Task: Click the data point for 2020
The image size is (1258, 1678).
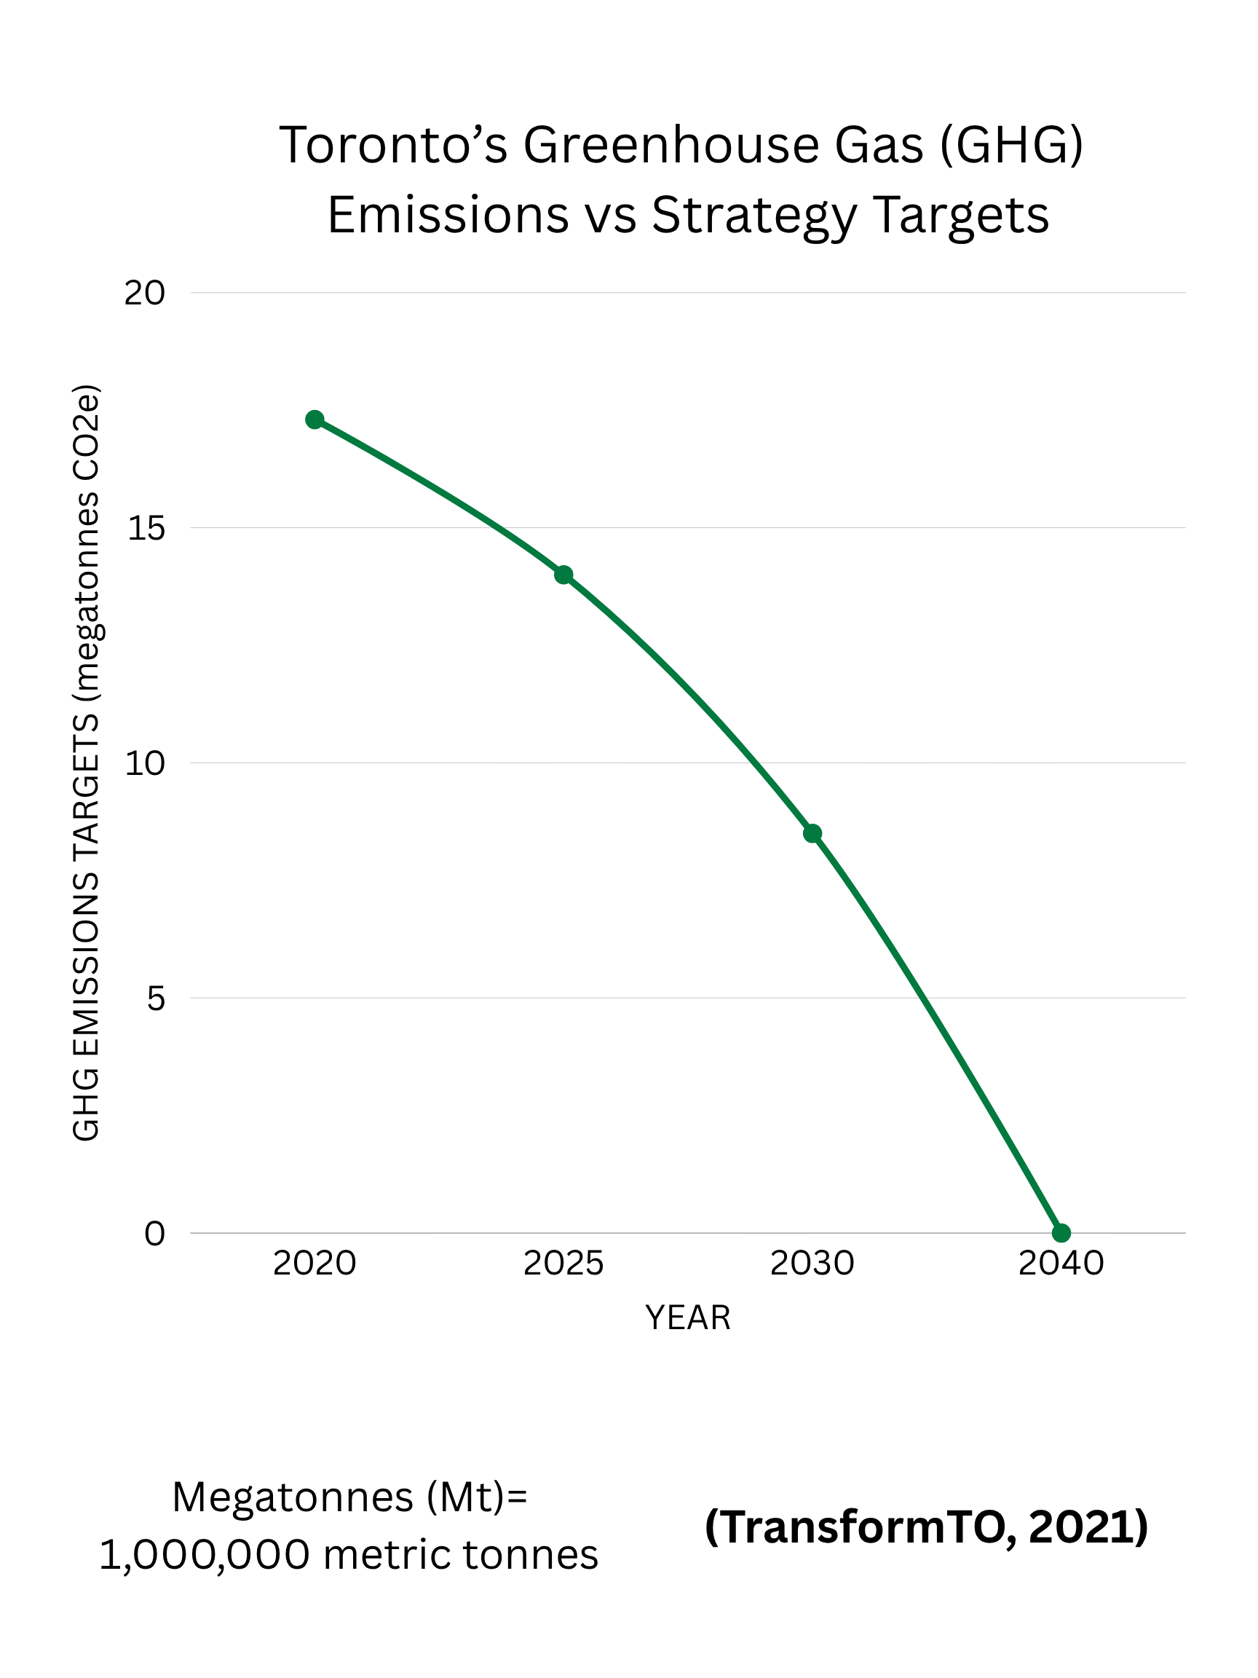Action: click(314, 419)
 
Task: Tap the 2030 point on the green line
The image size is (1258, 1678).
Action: click(812, 834)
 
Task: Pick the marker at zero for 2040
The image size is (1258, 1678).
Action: click(1061, 1233)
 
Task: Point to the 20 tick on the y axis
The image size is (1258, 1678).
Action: click(144, 293)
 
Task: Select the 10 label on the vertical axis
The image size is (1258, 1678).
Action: click(144, 763)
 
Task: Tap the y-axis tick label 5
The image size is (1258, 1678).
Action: click(156, 998)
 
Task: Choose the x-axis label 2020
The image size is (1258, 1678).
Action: click(314, 1264)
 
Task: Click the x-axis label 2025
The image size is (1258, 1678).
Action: click(563, 1264)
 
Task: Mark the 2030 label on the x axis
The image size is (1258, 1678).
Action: click(812, 1264)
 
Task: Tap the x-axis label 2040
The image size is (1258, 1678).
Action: click(1061, 1264)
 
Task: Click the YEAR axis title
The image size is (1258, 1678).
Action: click(688, 1317)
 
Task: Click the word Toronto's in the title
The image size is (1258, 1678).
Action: click(394, 145)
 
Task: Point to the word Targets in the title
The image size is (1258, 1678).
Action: click(961, 215)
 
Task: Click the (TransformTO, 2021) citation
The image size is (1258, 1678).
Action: click(926, 1527)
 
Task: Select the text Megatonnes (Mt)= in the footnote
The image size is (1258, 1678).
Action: click(349, 1497)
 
